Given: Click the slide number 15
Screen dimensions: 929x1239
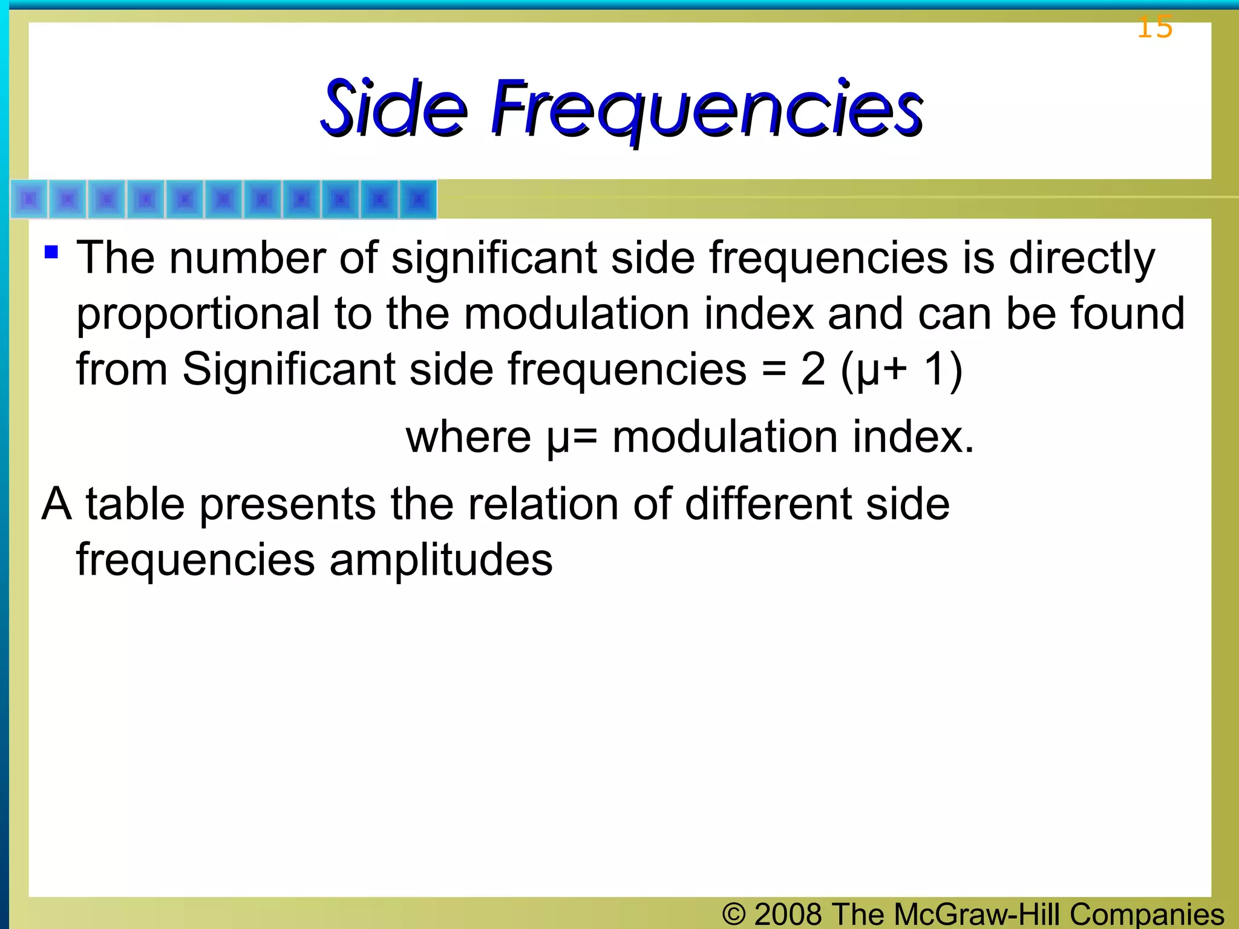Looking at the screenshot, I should (x=1154, y=27).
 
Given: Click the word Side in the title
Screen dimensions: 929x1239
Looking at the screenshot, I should (x=394, y=109).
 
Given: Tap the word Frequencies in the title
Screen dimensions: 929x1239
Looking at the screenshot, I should (x=707, y=110).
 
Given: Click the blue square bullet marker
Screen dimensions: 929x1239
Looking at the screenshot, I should (x=51, y=251).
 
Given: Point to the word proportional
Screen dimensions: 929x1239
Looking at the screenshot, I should (x=198, y=315).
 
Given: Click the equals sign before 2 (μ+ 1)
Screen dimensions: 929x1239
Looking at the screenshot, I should (x=774, y=370).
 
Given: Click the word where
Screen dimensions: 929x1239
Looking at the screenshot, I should (x=468, y=437).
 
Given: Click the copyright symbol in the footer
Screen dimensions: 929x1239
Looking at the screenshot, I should (x=733, y=914).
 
